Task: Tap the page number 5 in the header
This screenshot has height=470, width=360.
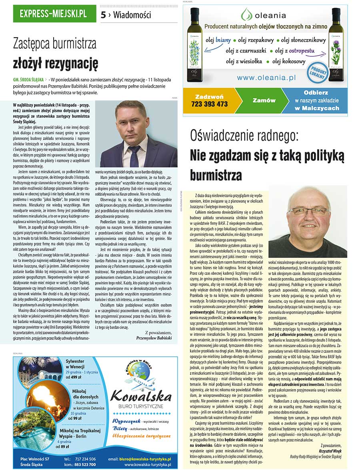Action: tap(103, 15)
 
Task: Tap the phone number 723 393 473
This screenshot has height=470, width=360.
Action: tap(212, 104)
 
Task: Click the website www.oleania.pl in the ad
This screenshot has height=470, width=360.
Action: tap(266, 78)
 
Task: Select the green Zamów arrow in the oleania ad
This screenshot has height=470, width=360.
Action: tap(264, 101)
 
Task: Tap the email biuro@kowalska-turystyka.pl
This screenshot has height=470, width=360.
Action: tap(145, 459)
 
